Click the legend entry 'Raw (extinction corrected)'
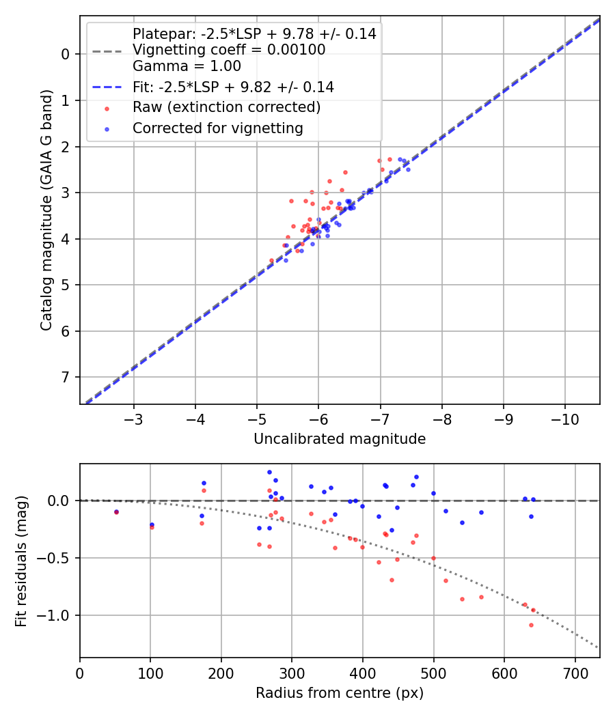click(x=226, y=107)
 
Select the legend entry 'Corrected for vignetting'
click(x=218, y=128)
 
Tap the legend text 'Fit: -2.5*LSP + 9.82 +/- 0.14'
click(x=233, y=87)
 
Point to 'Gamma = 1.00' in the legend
click(x=187, y=66)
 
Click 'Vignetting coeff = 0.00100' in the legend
click(x=229, y=50)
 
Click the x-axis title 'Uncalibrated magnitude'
click(x=340, y=439)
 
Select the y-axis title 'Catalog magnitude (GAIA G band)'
click(x=46, y=209)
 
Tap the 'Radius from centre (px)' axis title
click(x=340, y=693)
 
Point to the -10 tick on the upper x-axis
click(x=564, y=417)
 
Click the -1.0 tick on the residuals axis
click(x=60, y=615)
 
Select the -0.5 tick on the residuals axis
click(x=60, y=558)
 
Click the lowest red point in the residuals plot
click(x=531, y=625)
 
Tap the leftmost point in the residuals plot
click(x=116, y=511)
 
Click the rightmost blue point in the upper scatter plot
click(x=408, y=169)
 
